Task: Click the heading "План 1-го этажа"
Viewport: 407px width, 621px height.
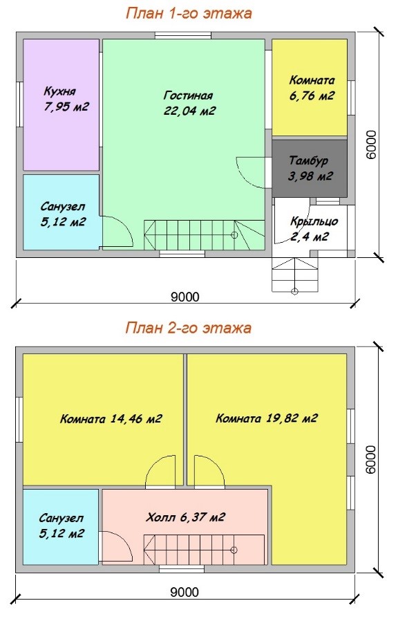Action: (189, 13)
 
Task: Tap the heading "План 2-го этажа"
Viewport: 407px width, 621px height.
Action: (189, 328)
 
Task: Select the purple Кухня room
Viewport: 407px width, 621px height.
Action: (61, 104)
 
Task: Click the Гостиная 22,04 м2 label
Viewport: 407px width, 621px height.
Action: (189, 103)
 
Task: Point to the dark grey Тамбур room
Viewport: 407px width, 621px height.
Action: (310, 167)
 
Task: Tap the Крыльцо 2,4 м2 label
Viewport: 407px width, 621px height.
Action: (314, 228)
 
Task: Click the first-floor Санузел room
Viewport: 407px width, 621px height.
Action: (61, 212)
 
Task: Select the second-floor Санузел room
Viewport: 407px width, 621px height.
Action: (61, 527)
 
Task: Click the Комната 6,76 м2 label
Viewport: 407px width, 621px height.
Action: (312, 88)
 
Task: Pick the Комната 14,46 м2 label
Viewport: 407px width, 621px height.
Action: (111, 418)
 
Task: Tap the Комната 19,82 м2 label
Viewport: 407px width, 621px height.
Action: (267, 418)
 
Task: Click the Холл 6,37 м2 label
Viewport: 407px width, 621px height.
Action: (185, 517)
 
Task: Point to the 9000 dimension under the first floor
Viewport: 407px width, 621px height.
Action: (185, 297)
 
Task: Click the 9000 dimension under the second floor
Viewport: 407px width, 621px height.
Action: (184, 592)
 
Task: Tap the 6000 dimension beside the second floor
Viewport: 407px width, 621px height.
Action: (371, 459)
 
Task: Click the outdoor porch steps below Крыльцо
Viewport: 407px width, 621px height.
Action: (295, 275)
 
